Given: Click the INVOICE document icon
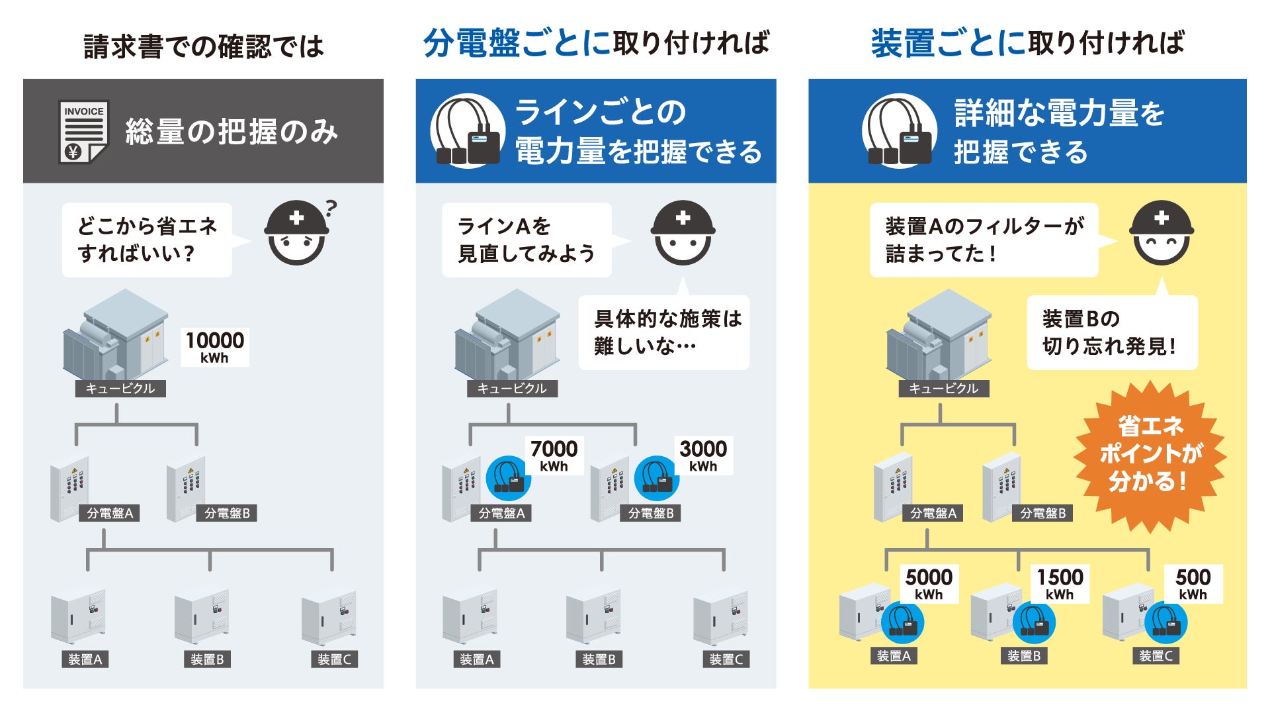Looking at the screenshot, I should [83, 131].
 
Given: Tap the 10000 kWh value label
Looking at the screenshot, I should [215, 347].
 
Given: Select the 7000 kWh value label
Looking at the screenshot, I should [554, 455].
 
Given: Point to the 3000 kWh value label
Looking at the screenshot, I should [703, 455].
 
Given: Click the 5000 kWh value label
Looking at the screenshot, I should [929, 583].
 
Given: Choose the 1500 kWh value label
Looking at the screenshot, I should [1060, 583].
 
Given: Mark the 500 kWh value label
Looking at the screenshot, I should [1193, 583].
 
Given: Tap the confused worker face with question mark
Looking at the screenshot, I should [297, 233].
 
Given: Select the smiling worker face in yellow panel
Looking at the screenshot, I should [1162, 233].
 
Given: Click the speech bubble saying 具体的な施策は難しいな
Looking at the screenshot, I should [664, 332].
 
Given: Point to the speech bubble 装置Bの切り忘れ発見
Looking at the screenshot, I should [1112, 332].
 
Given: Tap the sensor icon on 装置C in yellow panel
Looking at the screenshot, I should [1165, 622].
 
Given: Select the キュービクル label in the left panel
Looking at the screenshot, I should [120, 389].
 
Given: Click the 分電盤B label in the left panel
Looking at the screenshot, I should [227, 513].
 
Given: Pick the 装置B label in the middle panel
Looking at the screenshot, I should [599, 659].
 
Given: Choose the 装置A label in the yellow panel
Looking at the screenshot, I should [894, 656].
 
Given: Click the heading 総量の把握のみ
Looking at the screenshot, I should [232, 132].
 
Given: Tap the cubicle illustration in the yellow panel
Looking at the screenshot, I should [939, 338].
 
